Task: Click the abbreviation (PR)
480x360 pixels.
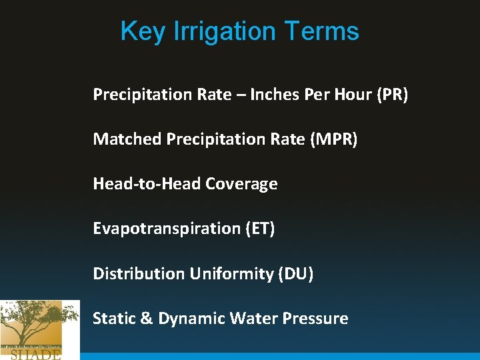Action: tap(392, 95)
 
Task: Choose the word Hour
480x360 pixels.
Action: tap(352, 95)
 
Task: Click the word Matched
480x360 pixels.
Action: tap(127, 139)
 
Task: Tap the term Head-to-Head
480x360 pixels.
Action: tap(147, 184)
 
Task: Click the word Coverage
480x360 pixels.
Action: tap(241, 184)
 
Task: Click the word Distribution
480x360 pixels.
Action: tap(139, 273)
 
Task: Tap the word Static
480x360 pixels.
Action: tap(113, 319)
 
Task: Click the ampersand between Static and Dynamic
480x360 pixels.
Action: tap(147, 319)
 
